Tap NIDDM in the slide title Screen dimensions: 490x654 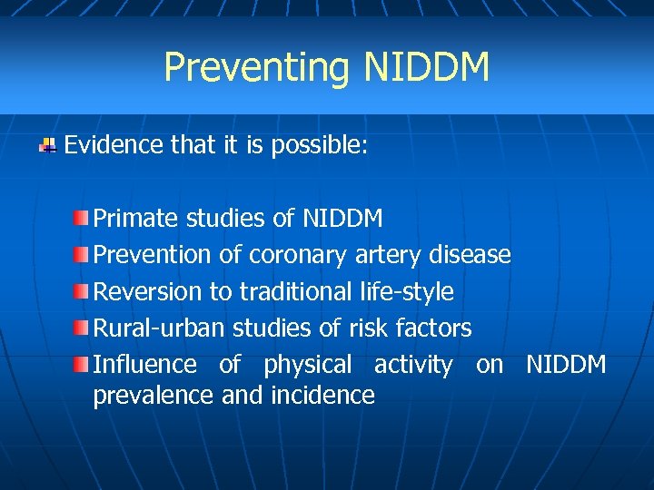coord(426,67)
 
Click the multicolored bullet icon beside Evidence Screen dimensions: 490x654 coord(46,145)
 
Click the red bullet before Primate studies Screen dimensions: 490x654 coord(83,218)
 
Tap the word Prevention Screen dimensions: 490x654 coord(154,255)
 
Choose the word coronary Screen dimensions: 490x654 coord(296,255)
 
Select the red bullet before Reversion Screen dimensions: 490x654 coord(83,290)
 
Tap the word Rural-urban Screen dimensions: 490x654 coord(160,328)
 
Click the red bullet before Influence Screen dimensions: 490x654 coord(83,364)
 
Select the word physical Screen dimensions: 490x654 coord(307,365)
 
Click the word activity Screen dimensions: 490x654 coord(413,365)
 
